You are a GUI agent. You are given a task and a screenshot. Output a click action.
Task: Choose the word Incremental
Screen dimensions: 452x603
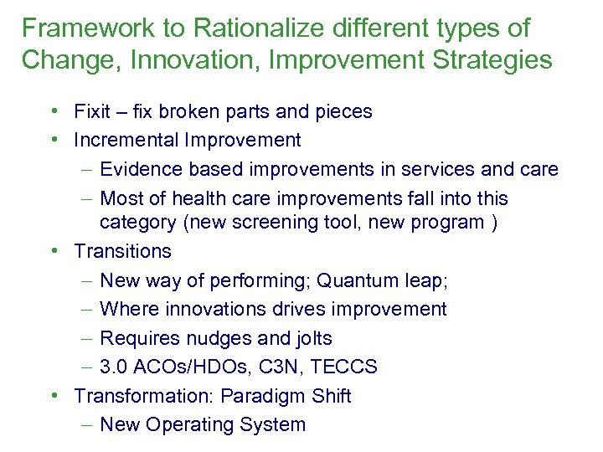[129, 140]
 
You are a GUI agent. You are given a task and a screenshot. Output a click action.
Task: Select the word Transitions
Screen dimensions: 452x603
[122, 251]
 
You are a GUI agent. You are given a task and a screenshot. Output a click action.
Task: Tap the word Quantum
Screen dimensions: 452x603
[353, 280]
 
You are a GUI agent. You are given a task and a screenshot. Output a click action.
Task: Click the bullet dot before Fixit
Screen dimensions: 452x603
[54, 110]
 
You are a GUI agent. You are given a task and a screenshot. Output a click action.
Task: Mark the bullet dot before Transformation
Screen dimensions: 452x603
[54, 395]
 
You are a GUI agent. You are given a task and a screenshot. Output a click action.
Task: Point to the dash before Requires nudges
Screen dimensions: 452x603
[88, 338]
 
